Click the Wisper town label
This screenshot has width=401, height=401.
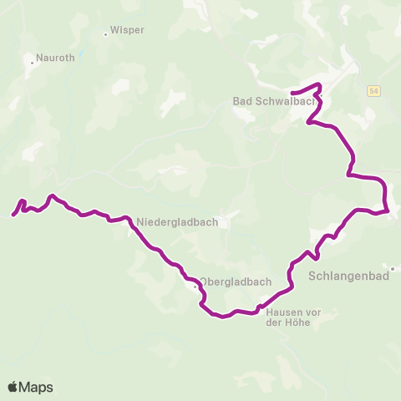coord(128,30)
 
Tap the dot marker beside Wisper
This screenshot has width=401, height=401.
coord(106,34)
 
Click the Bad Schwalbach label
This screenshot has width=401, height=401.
coord(273,102)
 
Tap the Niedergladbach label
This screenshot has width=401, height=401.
coord(176,222)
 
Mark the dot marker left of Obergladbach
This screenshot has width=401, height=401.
coord(195,287)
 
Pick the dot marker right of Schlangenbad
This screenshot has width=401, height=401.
coord(392,269)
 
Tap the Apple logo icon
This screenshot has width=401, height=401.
coord(13,387)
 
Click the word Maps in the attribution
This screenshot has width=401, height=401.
coord(36,387)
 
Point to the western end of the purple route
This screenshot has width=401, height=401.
coord(13,216)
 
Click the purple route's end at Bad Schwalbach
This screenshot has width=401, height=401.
coord(292,91)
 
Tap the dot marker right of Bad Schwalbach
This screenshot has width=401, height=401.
coord(321,104)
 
